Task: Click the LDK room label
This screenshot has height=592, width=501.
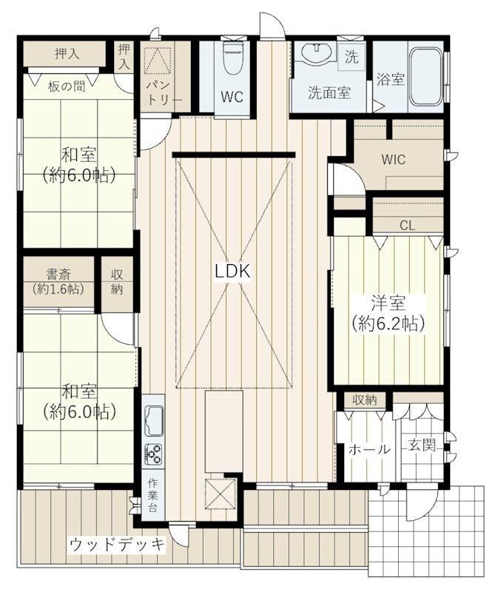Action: pyautogui.click(x=232, y=271)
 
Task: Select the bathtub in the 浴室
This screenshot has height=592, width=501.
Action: pyautogui.click(x=426, y=77)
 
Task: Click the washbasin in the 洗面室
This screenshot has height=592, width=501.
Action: pyautogui.click(x=317, y=53)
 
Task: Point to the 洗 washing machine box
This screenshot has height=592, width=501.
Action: pyautogui.click(x=352, y=57)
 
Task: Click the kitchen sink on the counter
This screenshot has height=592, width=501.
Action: pyautogui.click(x=154, y=422)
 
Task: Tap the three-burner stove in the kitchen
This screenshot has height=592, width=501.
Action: pyautogui.click(x=154, y=454)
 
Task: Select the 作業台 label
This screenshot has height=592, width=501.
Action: pyautogui.click(x=152, y=495)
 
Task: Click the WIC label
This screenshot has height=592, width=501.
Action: pyautogui.click(x=394, y=159)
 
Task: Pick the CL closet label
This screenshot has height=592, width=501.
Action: pyautogui.click(x=407, y=226)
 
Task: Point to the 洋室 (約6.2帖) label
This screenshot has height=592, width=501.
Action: pyautogui.click(x=388, y=313)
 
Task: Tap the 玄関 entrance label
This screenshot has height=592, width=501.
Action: pyautogui.click(x=422, y=445)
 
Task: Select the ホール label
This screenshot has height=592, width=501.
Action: pyautogui.click(x=369, y=449)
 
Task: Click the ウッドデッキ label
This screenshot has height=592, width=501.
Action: pyautogui.click(x=118, y=545)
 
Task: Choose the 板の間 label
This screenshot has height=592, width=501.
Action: pyautogui.click(x=67, y=87)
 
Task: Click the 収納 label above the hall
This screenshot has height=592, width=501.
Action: pyautogui.click(x=365, y=400)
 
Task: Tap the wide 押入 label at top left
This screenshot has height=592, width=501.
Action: pyautogui.click(x=67, y=54)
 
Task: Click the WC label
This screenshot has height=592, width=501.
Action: pyautogui.click(x=232, y=97)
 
